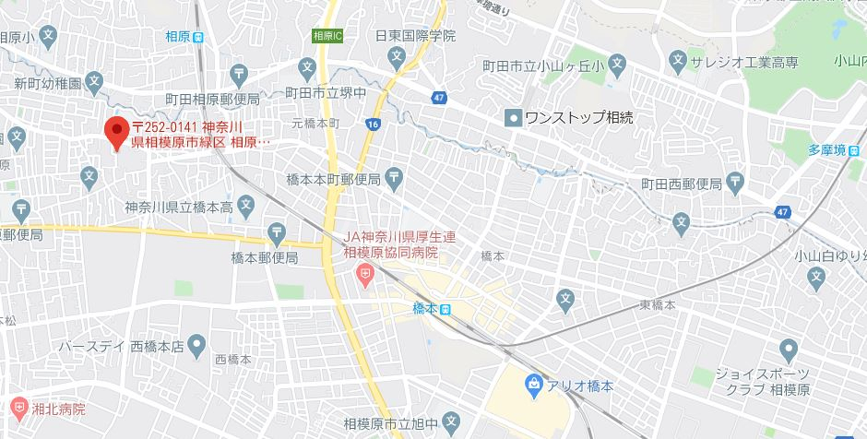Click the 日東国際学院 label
[415, 37]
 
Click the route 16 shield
[373, 123]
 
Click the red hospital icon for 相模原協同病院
[365, 273]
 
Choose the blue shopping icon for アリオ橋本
[533, 383]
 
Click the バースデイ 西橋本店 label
[120, 347]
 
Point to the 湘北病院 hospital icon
[19, 407]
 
